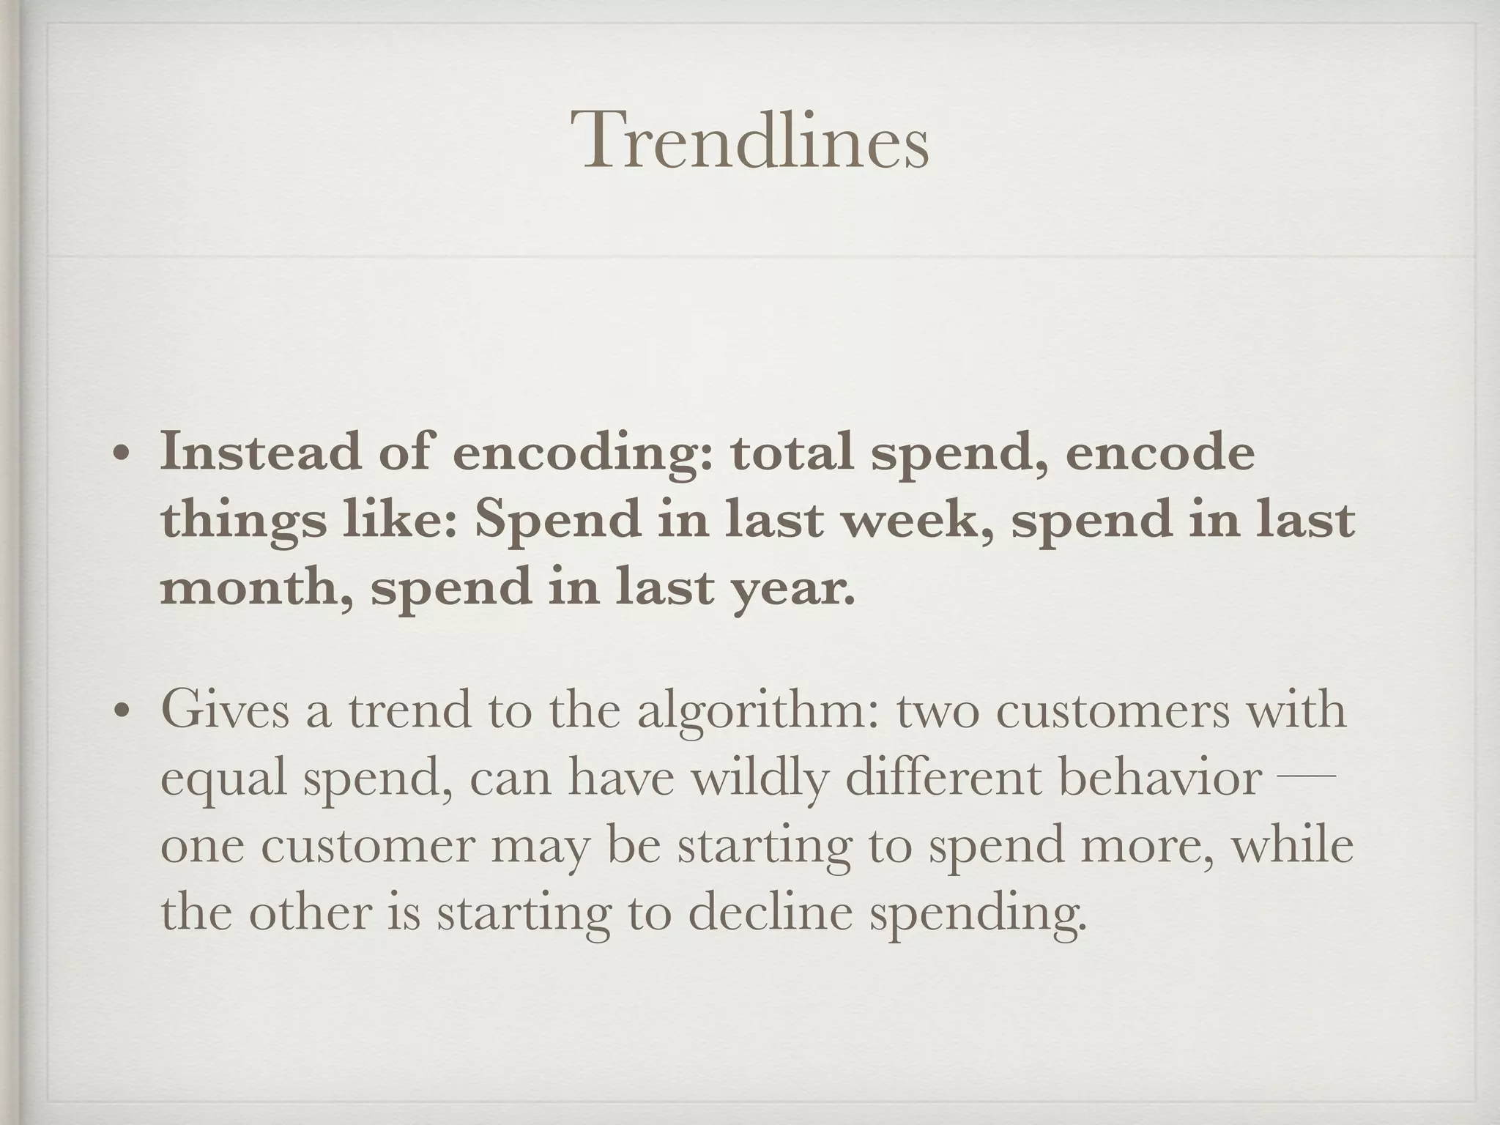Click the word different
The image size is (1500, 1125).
point(944,777)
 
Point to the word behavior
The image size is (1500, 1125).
point(1160,777)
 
